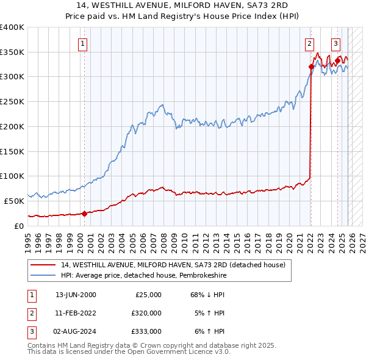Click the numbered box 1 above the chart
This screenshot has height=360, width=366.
coord(82,43)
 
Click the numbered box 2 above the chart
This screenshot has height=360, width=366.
coord(310,43)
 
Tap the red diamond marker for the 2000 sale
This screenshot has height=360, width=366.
coord(84,213)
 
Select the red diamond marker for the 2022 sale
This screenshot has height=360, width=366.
coord(311,67)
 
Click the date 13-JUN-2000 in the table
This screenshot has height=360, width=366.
coord(76,295)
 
